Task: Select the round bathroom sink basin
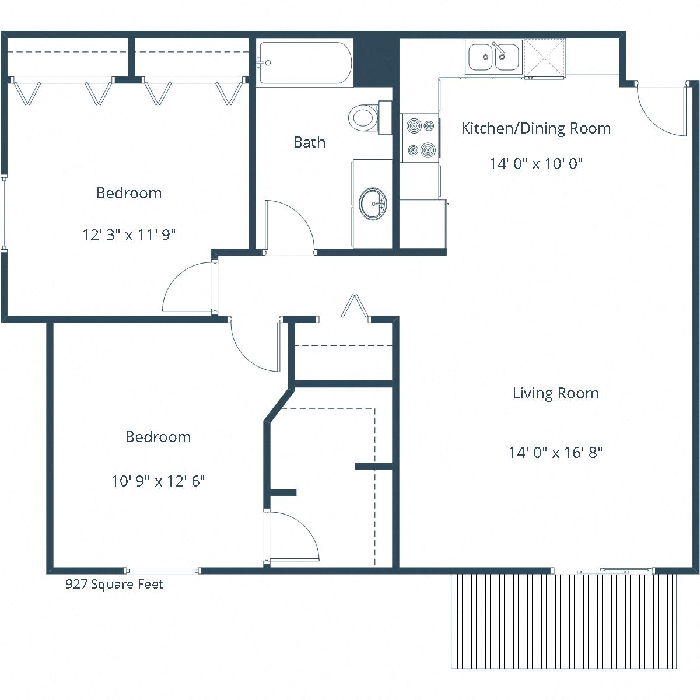click(373, 204)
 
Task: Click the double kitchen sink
click(494, 57)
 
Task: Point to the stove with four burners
click(420, 138)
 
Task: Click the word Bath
click(309, 142)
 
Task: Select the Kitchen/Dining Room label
click(535, 128)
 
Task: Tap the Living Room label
click(555, 393)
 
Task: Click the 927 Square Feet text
click(114, 584)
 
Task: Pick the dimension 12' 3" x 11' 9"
click(129, 235)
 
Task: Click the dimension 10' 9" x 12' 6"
click(158, 481)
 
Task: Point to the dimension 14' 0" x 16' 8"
click(555, 453)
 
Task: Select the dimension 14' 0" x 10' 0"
click(536, 164)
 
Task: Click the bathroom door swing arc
click(292, 225)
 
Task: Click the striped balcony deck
click(564, 621)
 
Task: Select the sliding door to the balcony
click(616, 570)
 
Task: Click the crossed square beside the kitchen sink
click(545, 57)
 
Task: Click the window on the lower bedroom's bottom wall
click(163, 570)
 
